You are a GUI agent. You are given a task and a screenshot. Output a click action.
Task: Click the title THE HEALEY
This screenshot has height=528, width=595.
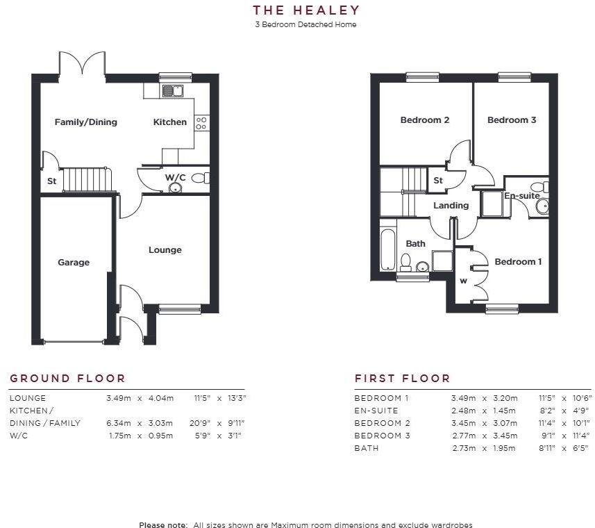tap(306, 10)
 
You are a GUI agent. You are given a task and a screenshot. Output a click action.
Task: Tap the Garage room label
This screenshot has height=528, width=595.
tap(74, 263)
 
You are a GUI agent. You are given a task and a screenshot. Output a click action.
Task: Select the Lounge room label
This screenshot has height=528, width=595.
tap(165, 250)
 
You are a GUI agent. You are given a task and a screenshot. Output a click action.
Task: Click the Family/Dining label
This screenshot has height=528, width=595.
tap(86, 122)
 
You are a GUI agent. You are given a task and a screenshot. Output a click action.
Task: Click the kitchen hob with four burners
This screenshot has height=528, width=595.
tap(202, 123)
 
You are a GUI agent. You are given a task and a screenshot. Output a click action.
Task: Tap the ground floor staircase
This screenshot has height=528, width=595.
tap(87, 180)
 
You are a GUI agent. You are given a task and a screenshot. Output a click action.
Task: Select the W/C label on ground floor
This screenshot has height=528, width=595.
tap(175, 178)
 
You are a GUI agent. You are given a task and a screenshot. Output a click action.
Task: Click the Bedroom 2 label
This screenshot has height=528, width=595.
tap(425, 120)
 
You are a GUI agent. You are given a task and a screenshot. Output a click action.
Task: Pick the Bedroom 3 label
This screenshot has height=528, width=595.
tap(512, 120)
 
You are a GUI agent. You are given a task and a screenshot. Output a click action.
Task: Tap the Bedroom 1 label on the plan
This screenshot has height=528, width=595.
tap(518, 262)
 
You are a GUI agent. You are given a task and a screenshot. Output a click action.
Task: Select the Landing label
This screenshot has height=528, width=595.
tap(451, 206)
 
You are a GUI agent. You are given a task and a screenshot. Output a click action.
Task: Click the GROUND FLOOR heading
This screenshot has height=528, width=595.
tap(67, 379)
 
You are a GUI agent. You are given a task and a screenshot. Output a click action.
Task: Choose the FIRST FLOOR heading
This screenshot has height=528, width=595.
tap(403, 379)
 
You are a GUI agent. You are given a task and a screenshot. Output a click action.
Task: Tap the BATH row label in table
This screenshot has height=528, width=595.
tap(367, 448)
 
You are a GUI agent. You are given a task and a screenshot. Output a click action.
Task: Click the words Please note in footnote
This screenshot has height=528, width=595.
tap(163, 525)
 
